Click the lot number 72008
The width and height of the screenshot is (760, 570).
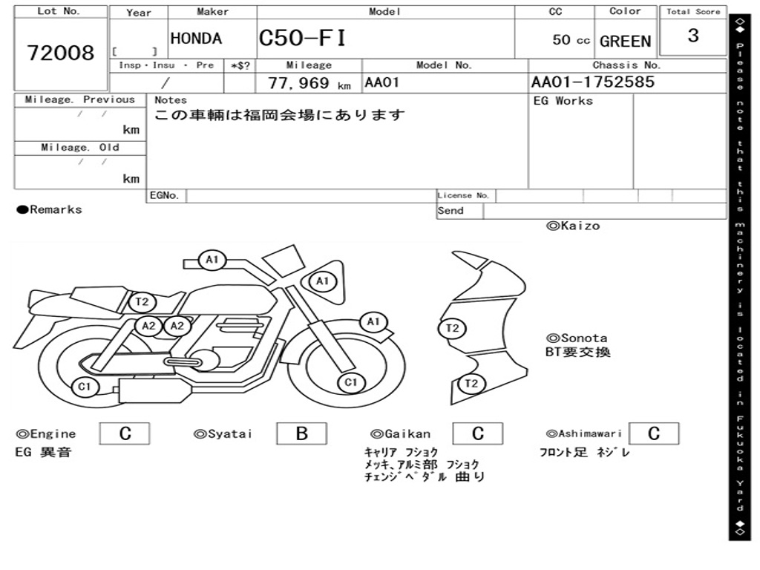pos(61,53)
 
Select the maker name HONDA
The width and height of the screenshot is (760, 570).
pos(196,39)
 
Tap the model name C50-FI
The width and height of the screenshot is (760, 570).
pos(302,38)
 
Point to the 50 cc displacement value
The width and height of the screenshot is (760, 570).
pos(571,40)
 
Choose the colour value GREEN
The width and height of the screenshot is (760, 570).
pos(625,42)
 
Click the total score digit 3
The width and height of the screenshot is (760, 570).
pos(693,36)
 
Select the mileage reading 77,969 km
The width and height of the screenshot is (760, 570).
pos(309,83)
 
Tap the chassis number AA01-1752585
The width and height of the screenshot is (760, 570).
pos(593,82)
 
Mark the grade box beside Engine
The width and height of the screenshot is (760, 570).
pos(125,434)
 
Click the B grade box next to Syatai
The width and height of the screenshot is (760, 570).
pos(301,434)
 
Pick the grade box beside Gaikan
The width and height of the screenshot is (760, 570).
pos(477,434)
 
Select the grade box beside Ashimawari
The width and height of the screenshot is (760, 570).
pos(653,434)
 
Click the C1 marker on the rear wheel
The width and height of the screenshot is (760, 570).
pos(85,386)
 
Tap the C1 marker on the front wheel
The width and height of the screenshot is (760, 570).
pos(350,382)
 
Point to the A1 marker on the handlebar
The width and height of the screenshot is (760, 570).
pos(212,260)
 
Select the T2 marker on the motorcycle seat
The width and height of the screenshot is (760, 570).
pos(142,301)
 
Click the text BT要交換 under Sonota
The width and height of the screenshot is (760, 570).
pos(578,352)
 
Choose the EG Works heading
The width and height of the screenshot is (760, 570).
pos(563,100)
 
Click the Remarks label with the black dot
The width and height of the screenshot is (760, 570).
pos(50,209)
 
